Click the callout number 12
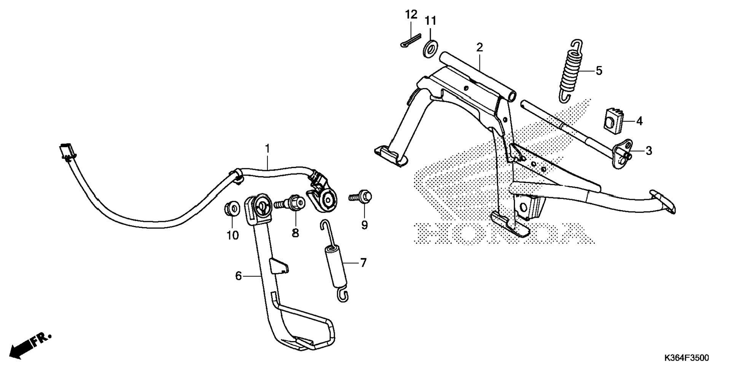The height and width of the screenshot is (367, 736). tap(411, 15)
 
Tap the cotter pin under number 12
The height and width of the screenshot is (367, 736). tap(411, 40)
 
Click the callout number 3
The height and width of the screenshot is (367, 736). tap(648, 151)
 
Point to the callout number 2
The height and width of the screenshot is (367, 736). tap(480, 47)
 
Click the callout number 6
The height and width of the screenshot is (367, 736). tap(238, 276)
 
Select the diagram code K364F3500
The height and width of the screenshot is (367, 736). tap(687, 358)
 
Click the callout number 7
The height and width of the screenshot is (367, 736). tap(363, 263)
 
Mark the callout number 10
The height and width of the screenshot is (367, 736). tap(233, 236)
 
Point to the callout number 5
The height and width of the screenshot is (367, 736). tap(599, 71)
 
